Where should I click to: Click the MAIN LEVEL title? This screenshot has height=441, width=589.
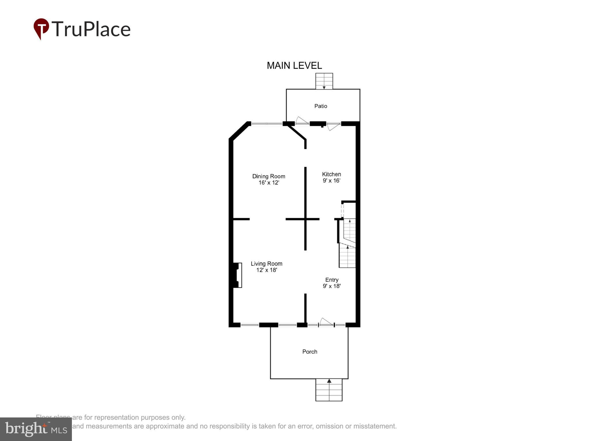(x=294, y=66)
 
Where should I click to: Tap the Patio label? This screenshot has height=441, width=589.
(x=320, y=106)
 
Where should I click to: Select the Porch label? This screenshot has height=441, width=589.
(x=309, y=352)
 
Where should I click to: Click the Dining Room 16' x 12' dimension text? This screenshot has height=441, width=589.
(x=269, y=183)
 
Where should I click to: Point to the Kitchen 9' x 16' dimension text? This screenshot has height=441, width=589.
(x=331, y=181)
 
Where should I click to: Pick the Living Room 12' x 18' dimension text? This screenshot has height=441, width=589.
(x=267, y=270)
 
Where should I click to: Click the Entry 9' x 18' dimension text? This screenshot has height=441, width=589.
(x=332, y=286)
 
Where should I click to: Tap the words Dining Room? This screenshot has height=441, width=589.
(x=269, y=176)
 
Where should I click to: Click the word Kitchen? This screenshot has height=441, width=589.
(x=331, y=174)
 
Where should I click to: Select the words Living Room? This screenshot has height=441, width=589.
(x=267, y=264)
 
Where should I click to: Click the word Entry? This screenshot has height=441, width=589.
(x=332, y=280)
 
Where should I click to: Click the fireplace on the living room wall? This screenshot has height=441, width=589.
(x=238, y=275)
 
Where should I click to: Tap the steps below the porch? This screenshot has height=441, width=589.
(x=329, y=390)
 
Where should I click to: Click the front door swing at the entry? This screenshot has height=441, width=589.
(x=326, y=322)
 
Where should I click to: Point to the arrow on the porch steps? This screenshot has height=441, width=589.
(x=329, y=381)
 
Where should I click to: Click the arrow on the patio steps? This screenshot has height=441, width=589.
(x=324, y=87)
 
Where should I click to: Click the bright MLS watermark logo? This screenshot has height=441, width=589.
(x=36, y=429)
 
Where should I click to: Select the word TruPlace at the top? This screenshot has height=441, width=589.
(x=91, y=29)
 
